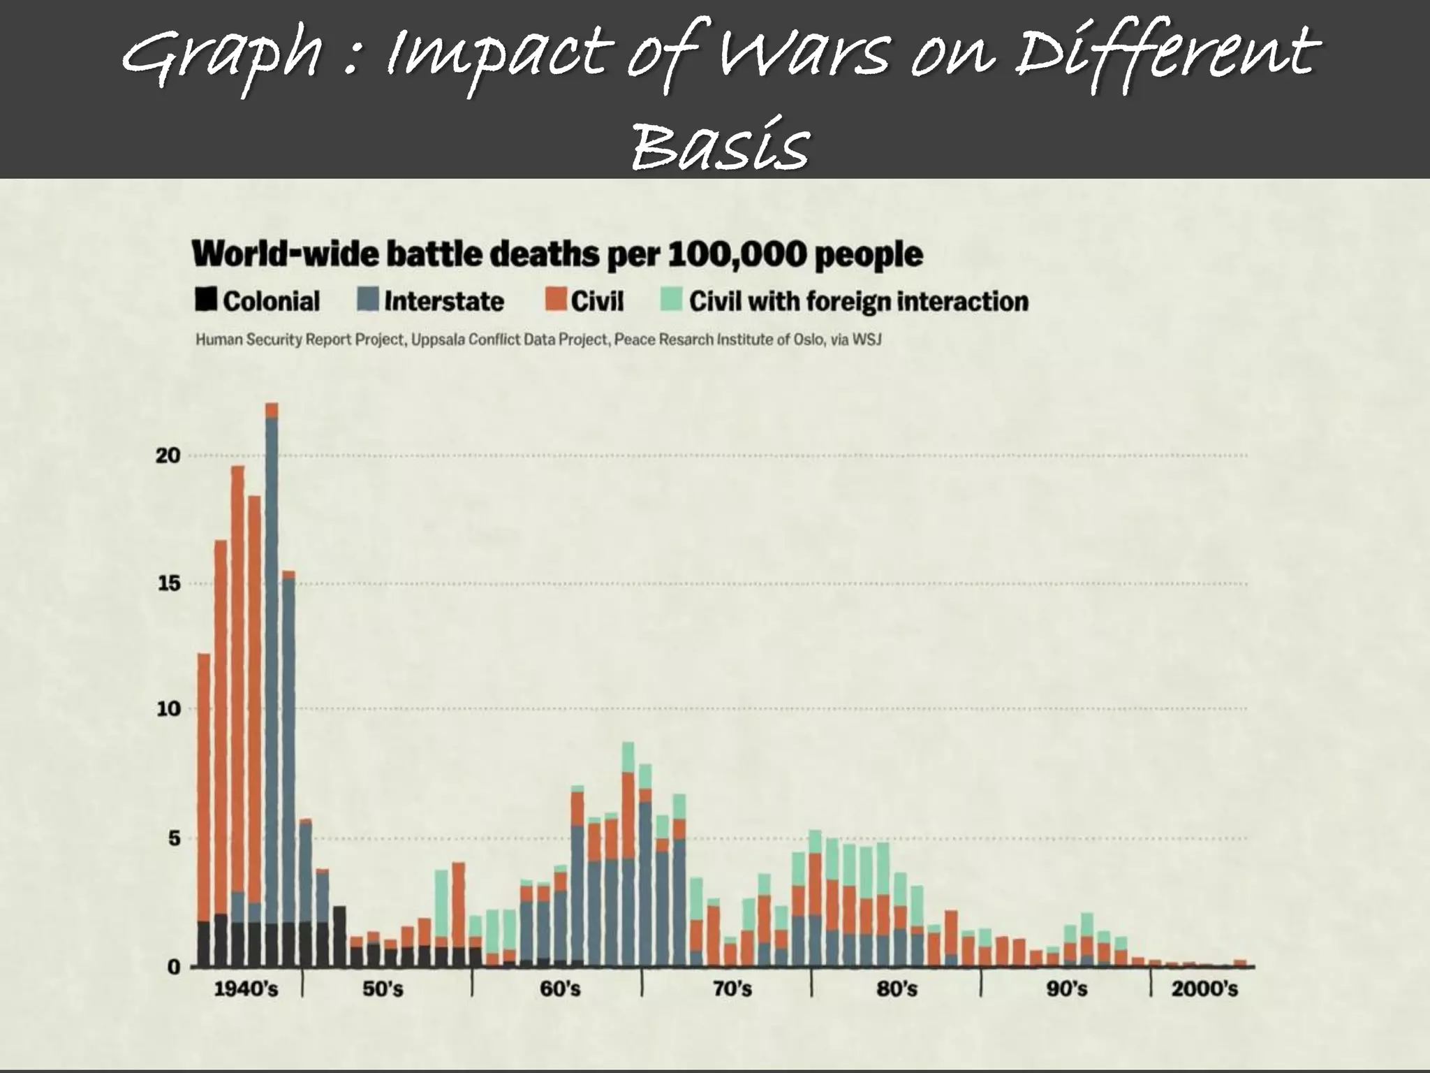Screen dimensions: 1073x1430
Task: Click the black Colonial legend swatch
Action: point(205,300)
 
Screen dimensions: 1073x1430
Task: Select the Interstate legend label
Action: point(443,301)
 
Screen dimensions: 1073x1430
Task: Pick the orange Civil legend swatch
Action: point(555,300)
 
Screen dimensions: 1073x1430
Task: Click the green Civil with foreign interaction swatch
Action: point(670,300)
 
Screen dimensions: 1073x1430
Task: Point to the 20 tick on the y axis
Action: point(168,455)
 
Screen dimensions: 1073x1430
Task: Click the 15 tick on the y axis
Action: point(168,583)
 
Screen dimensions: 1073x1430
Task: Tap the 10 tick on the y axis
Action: point(168,709)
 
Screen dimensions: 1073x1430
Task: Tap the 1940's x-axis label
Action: point(245,989)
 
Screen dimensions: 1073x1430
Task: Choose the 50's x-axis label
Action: point(383,989)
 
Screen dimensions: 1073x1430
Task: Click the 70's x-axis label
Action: point(732,989)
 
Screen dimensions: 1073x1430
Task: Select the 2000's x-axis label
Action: point(1204,989)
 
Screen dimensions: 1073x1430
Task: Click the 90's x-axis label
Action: point(1066,989)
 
